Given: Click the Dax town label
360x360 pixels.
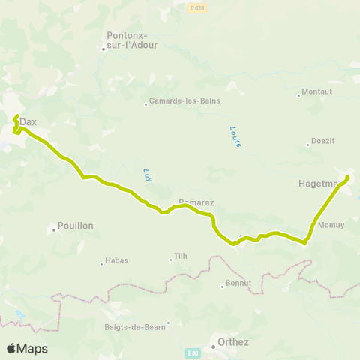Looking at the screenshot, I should [x=28, y=121].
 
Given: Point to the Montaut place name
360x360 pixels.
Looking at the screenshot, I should [x=316, y=92].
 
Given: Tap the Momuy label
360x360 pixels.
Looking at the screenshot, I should [x=331, y=225].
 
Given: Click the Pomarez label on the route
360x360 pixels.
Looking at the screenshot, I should [x=196, y=203].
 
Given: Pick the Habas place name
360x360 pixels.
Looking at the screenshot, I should [x=117, y=261].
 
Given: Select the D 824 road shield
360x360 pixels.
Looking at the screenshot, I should [x=196, y=6].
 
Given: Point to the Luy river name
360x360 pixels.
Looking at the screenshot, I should [x=147, y=175].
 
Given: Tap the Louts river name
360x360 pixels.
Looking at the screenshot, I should [x=235, y=136].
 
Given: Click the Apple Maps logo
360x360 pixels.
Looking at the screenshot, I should [x=27, y=348].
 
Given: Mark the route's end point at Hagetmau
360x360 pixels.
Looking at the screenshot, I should [x=347, y=177].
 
